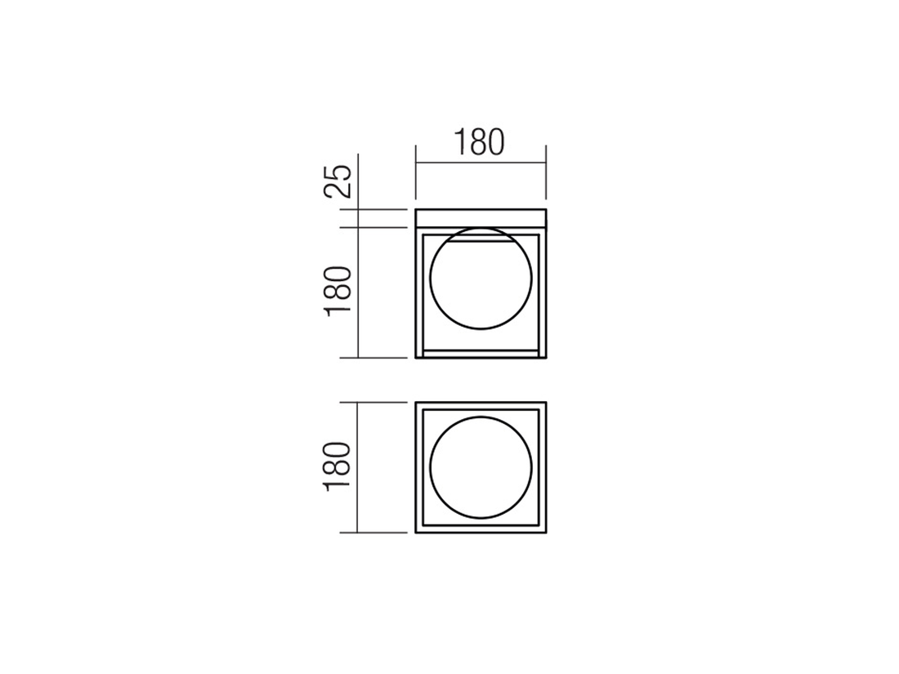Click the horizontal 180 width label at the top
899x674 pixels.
479,143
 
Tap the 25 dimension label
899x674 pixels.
337,181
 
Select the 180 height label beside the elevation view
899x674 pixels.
337,292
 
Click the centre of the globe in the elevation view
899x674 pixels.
481,279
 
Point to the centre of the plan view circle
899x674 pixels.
481,467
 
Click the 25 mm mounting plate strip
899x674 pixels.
481,218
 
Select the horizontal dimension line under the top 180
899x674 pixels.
481,163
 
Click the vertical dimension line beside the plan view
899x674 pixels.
358,467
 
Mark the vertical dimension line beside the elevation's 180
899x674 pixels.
358,292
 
